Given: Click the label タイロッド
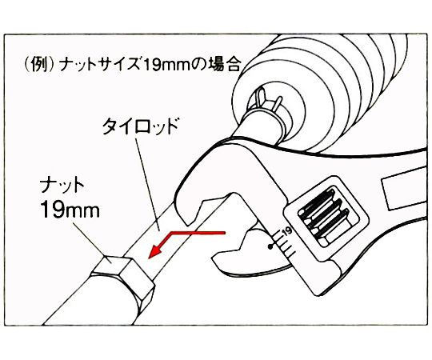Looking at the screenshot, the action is click(141, 126).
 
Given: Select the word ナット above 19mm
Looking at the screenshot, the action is click(62, 186).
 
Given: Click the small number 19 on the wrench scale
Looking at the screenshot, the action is click(287, 230).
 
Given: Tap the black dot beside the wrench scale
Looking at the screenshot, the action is click(271, 247).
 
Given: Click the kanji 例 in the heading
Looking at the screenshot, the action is click(38, 66).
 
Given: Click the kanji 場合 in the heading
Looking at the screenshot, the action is click(223, 65).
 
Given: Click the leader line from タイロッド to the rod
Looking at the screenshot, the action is click(147, 184).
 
